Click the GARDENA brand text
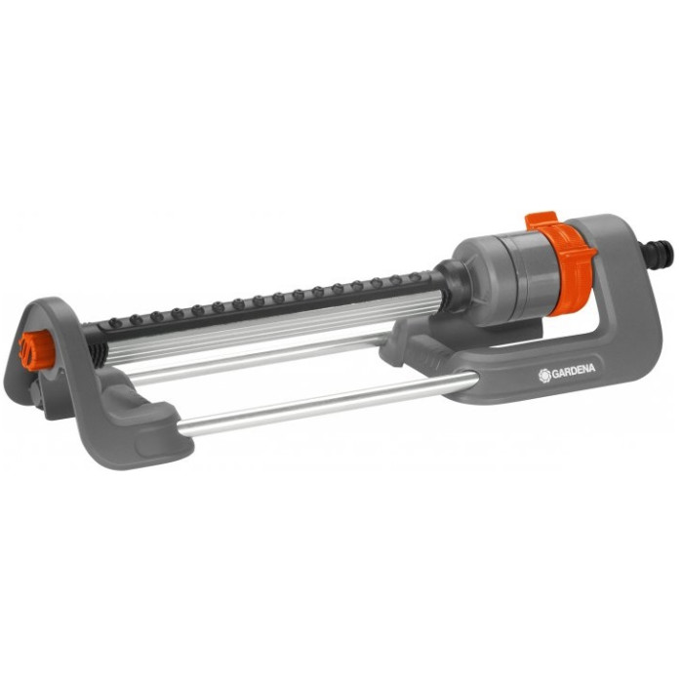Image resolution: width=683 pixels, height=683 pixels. (x=574, y=371)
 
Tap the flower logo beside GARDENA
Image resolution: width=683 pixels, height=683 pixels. (x=544, y=375)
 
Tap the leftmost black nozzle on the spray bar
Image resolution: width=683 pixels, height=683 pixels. (x=115, y=323)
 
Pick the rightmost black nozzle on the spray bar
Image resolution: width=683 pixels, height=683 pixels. (x=415, y=277)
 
